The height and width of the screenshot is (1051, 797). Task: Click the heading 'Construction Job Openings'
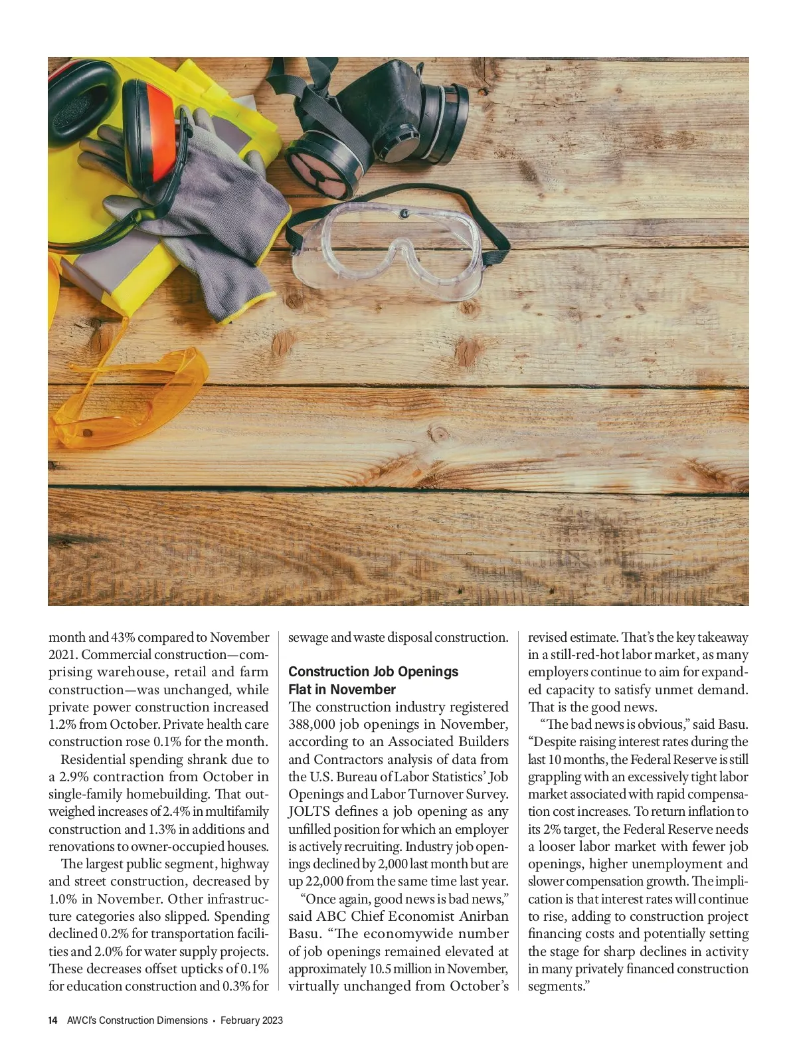tap(373, 672)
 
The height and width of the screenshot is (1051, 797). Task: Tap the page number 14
tap(53, 1020)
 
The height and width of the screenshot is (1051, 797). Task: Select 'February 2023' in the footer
tap(252, 1020)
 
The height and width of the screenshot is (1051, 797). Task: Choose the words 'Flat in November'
tap(342, 690)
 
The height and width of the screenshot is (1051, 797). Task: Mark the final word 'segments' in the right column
tap(554, 986)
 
